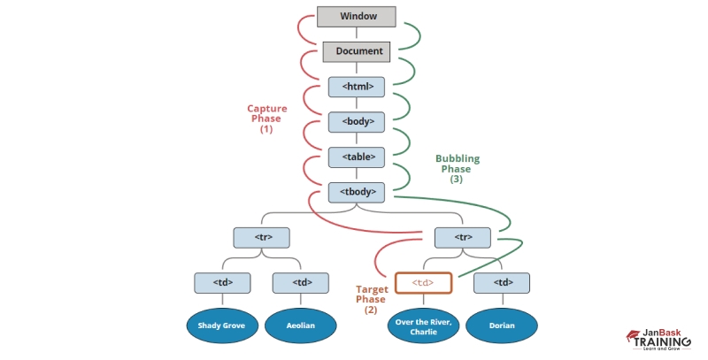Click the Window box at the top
pyautogui.click(x=357, y=16)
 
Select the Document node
pyautogui.click(x=357, y=51)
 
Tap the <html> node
pyautogui.click(x=357, y=87)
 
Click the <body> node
pyautogui.click(x=357, y=121)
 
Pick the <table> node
pyautogui.click(x=357, y=157)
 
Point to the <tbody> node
pyautogui.click(x=357, y=191)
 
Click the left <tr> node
pyautogui.click(x=261, y=237)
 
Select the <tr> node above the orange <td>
pyautogui.click(x=462, y=237)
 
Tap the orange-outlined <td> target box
pyautogui.click(x=423, y=283)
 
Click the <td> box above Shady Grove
pyautogui.click(x=222, y=283)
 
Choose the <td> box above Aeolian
pyautogui.click(x=300, y=283)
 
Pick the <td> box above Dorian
pyautogui.click(x=501, y=283)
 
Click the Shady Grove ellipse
pyautogui.click(x=222, y=326)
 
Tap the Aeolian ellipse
pyautogui.click(x=300, y=326)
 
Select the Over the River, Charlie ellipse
pyautogui.click(x=423, y=326)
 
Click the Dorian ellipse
pyautogui.click(x=501, y=326)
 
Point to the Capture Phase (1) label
pyautogui.click(x=266, y=119)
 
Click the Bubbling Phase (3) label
pyautogui.click(x=457, y=168)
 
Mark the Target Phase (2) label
pyautogui.click(x=372, y=300)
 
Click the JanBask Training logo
pyautogui.click(x=658, y=341)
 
